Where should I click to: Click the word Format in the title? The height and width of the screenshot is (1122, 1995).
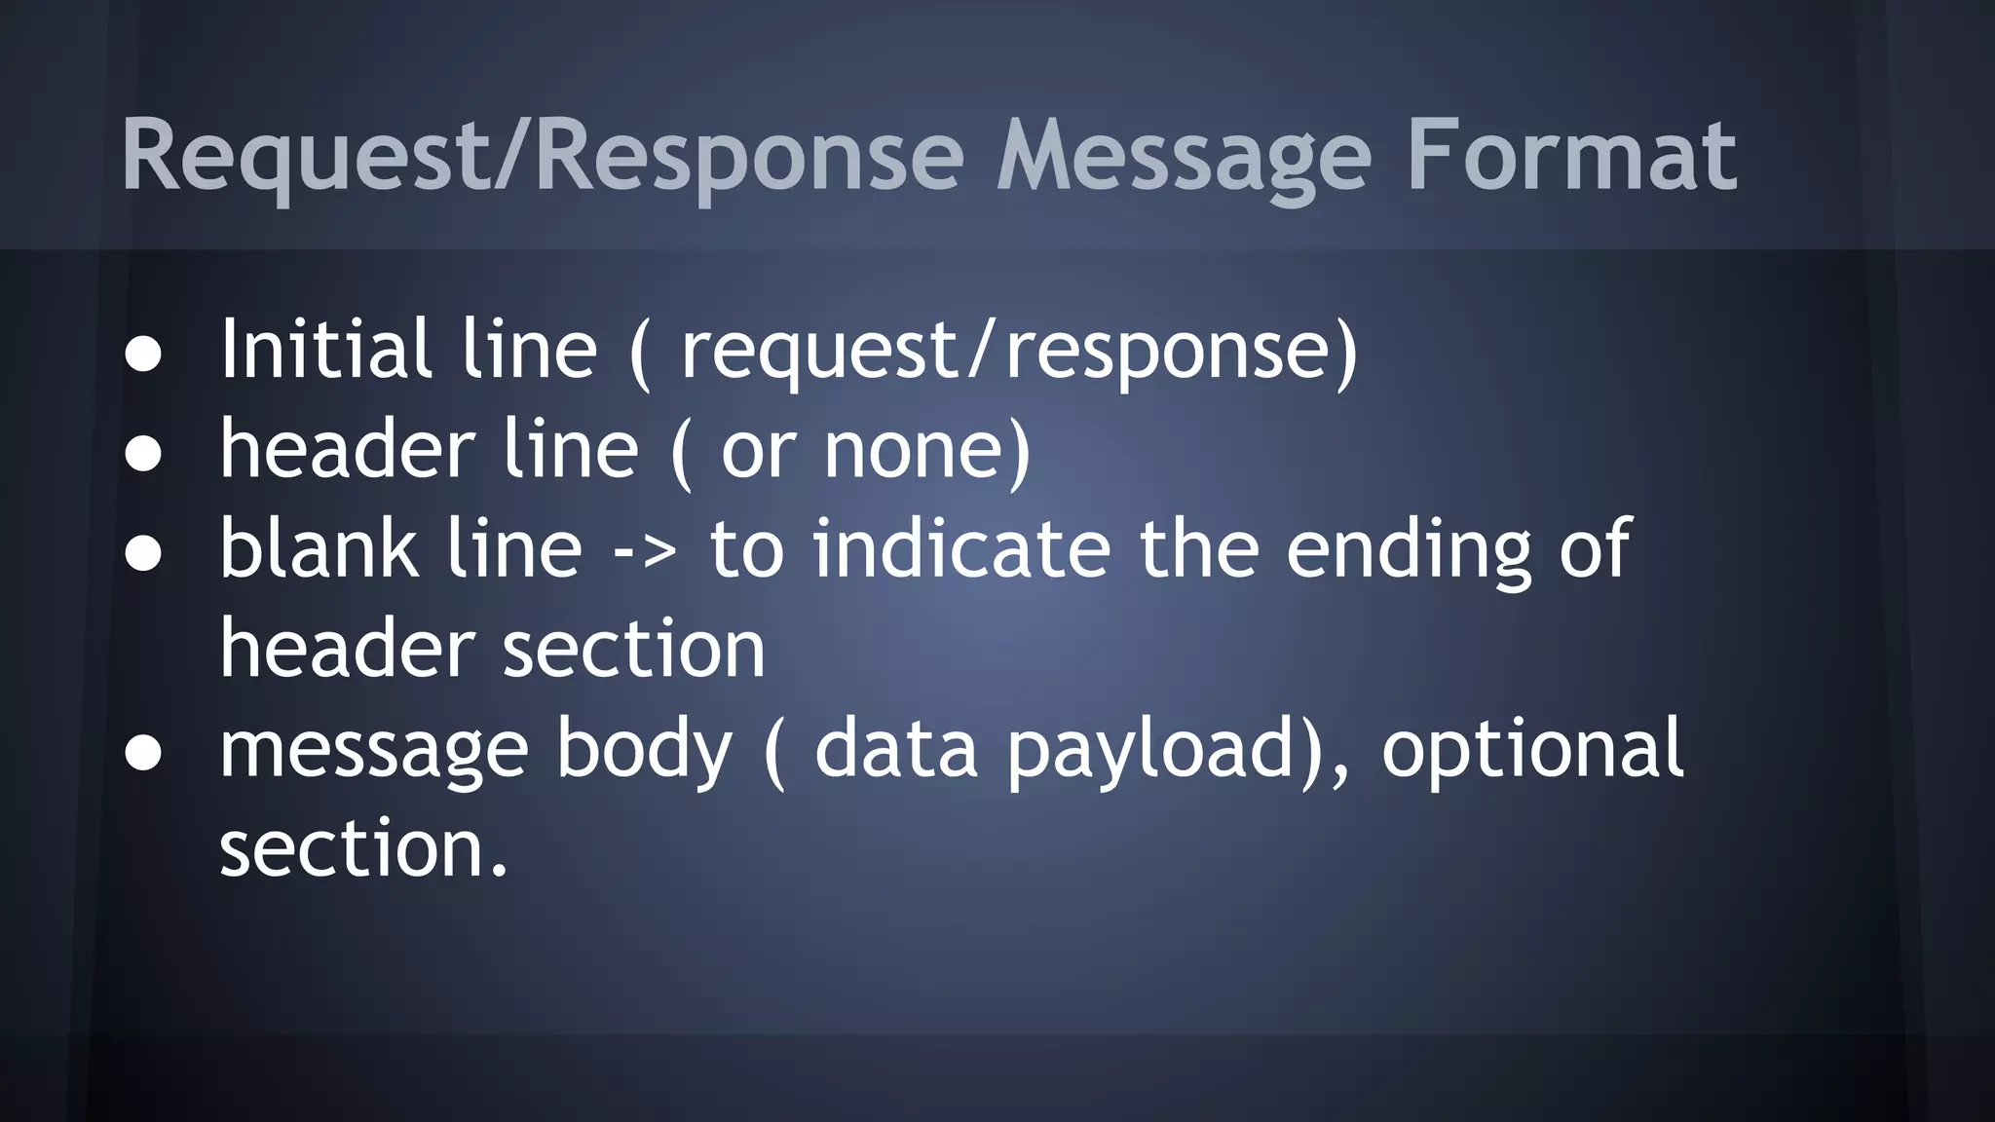[1570, 156]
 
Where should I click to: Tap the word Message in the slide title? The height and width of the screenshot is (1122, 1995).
[1184, 156]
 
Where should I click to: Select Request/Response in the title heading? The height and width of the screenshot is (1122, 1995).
[542, 156]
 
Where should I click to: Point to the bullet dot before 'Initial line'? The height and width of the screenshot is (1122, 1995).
[143, 355]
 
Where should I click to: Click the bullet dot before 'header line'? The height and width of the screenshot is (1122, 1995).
[143, 455]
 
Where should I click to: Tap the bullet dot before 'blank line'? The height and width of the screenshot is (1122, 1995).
[143, 554]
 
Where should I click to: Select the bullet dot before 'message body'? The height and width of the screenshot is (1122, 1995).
[143, 753]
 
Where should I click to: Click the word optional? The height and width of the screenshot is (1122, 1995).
[1532, 751]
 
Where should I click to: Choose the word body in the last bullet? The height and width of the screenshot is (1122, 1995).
[643, 751]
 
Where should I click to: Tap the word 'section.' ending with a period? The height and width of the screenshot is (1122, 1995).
[363, 848]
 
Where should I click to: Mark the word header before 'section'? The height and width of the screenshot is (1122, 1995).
[347, 648]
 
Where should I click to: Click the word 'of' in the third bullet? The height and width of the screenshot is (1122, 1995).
[1595, 548]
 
